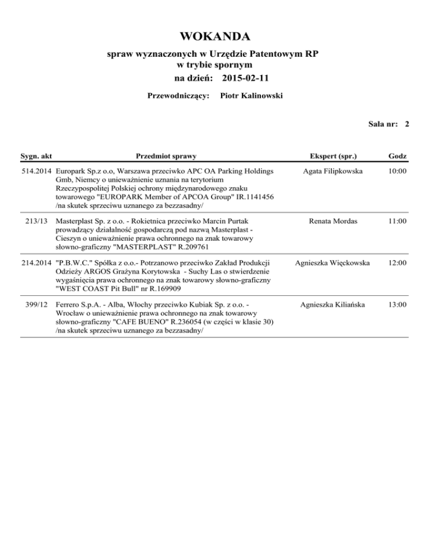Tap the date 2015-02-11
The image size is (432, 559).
pos(246,76)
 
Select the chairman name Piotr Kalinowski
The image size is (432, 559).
pos(251,96)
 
